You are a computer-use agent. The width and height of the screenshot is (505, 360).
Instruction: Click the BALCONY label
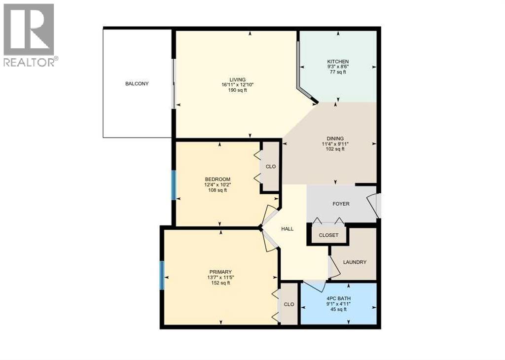click(x=137, y=84)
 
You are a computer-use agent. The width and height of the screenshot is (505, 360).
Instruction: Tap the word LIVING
click(x=237, y=79)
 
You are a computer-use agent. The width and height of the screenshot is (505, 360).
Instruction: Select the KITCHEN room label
click(x=338, y=61)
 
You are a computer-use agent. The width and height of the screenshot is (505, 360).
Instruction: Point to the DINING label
click(x=335, y=139)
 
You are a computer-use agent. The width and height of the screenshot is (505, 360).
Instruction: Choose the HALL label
click(x=288, y=229)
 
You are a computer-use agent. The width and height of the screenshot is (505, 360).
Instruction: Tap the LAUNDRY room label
click(x=355, y=262)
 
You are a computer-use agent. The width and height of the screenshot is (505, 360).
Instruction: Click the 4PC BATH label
click(x=338, y=298)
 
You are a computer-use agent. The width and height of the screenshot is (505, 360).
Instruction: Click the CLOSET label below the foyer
click(x=328, y=235)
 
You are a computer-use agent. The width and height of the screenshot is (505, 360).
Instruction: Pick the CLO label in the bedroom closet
click(x=271, y=167)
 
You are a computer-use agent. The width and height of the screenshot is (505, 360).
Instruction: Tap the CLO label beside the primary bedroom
click(x=289, y=304)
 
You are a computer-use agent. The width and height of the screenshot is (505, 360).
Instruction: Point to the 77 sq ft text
click(x=338, y=72)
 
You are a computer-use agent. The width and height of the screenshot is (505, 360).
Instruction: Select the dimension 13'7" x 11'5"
click(x=220, y=278)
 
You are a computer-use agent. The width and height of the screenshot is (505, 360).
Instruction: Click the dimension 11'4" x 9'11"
click(x=335, y=144)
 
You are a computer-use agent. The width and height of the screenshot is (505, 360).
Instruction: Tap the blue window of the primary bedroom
click(x=162, y=276)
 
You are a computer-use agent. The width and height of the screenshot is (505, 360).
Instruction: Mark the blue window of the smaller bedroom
click(x=174, y=185)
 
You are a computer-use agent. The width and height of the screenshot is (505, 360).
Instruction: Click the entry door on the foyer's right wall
click(x=375, y=206)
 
